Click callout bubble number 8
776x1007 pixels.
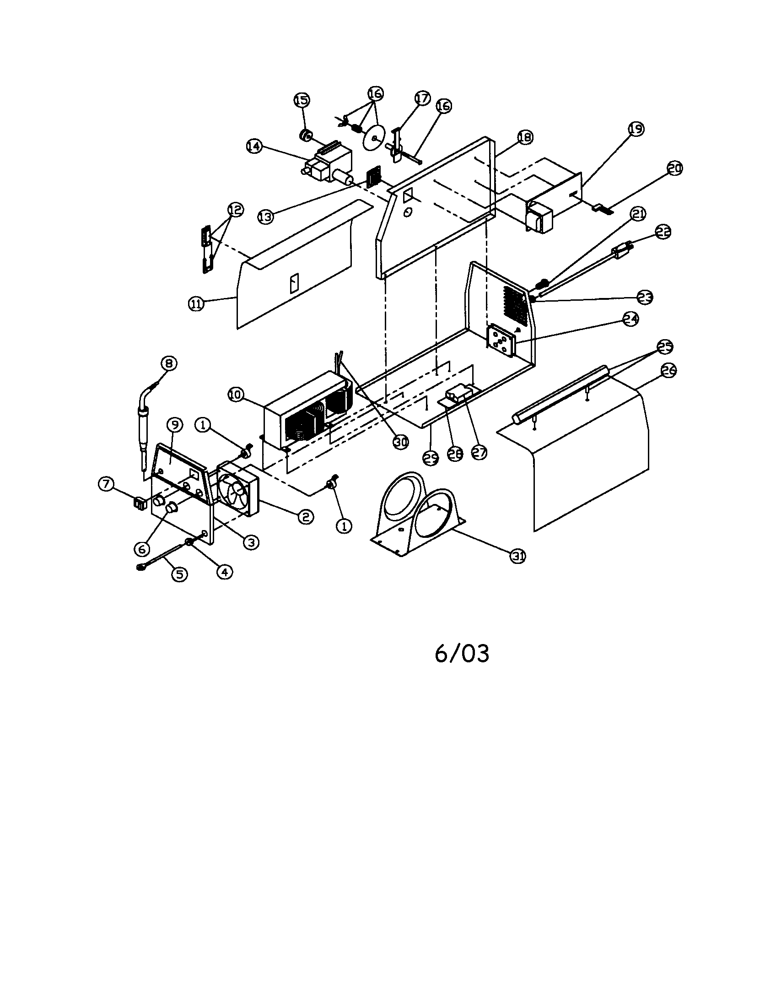tap(169, 363)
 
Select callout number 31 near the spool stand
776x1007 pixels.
tap(518, 557)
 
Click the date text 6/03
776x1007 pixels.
tap(462, 654)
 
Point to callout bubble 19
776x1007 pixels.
tap(636, 129)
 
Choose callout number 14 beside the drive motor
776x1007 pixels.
tap(253, 146)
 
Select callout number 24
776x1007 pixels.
tap(630, 319)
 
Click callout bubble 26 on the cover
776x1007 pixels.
tap(668, 370)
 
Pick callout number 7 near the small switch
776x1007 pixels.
tap(107, 484)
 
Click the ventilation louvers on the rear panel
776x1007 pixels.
tap(515, 303)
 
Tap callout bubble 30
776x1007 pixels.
tap(400, 442)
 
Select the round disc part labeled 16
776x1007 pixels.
tap(374, 138)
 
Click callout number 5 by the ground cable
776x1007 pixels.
tap(179, 574)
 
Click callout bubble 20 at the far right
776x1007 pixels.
tap(674, 168)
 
